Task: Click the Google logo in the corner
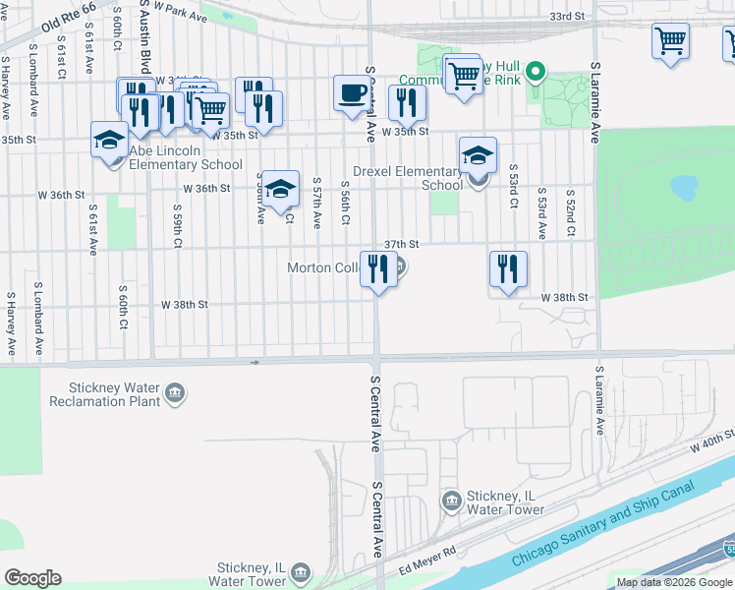(x=32, y=578)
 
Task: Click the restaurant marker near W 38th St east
(x=508, y=269)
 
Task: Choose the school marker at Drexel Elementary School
(x=478, y=156)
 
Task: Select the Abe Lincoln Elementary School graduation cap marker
(x=109, y=141)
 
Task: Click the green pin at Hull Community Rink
(x=536, y=71)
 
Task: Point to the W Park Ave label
(x=180, y=13)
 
